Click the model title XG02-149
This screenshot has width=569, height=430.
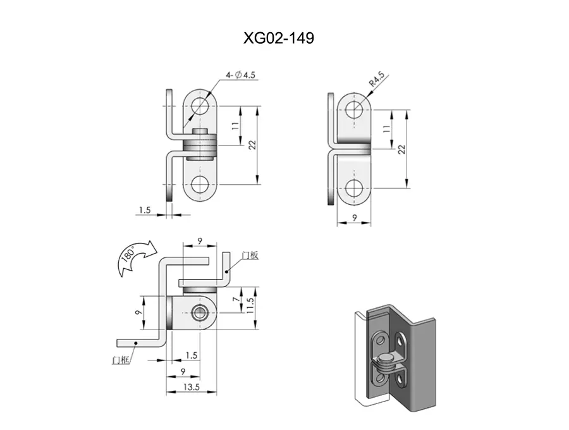pos(278,38)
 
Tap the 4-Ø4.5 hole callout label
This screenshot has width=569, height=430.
pos(240,75)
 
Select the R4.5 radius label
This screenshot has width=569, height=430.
pos(377,80)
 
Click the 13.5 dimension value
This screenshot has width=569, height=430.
pos(191,387)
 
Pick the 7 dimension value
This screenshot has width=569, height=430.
pos(236,299)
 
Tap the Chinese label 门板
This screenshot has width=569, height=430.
pos(250,255)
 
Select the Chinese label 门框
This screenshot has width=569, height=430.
pos(121,360)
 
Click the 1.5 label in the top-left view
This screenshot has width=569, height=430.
pos(144,210)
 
